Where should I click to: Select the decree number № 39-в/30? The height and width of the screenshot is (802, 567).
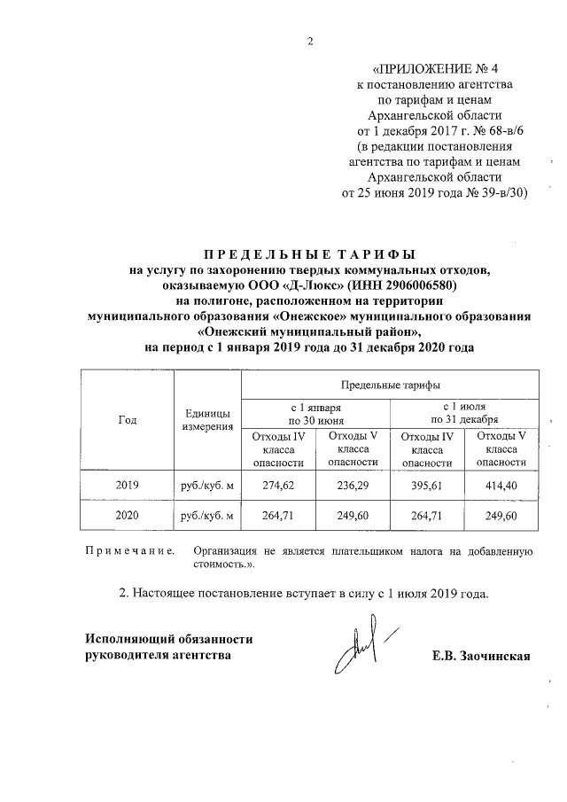tap(493, 192)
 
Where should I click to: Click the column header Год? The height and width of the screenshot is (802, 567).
tap(127, 421)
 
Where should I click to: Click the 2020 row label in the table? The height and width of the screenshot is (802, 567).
tap(127, 515)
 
